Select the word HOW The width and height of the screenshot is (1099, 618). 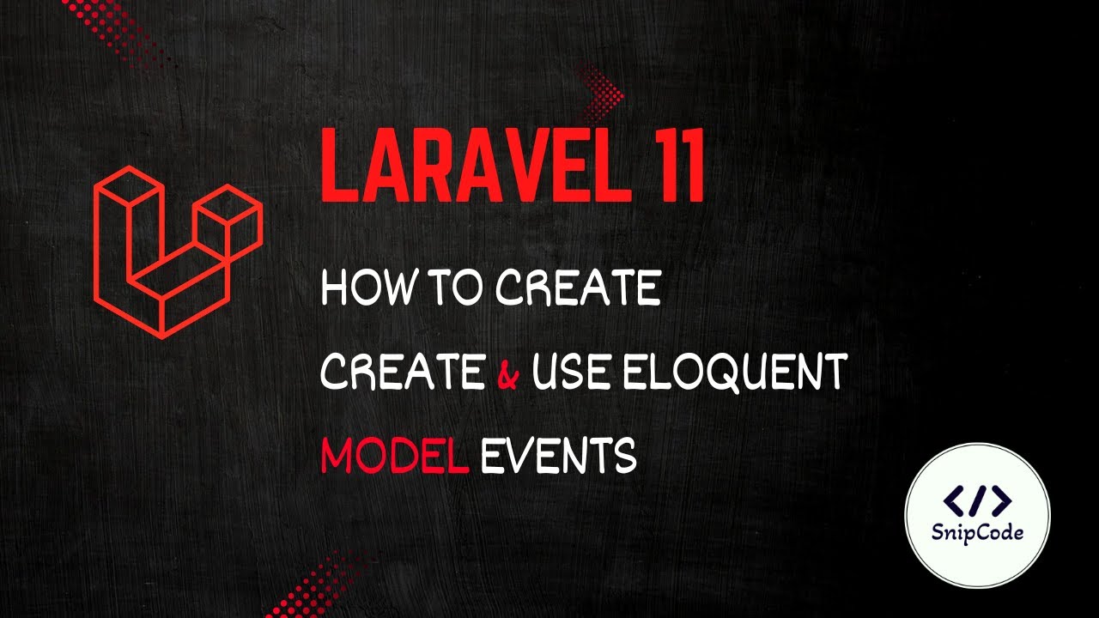pos(363,289)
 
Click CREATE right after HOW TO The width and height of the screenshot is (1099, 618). pos(578,289)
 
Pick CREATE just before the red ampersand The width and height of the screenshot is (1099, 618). pos(402,372)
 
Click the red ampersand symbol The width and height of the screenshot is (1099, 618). pos(507,373)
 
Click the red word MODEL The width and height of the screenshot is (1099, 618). pos(394,455)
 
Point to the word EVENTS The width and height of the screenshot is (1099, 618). pos(559,455)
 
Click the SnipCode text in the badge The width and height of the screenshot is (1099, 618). pos(978,532)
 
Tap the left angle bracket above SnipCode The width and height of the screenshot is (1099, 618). pos(953,500)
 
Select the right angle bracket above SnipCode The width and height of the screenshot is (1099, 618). pos(1002,500)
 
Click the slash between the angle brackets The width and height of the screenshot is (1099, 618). pos(978,500)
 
